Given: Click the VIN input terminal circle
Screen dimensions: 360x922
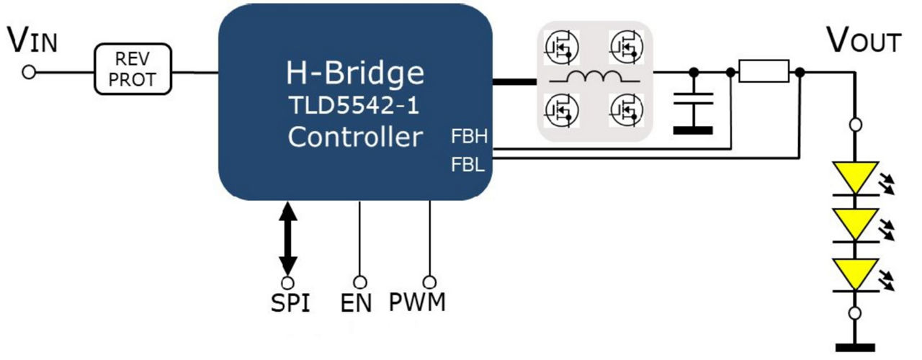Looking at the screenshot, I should [x=29, y=72].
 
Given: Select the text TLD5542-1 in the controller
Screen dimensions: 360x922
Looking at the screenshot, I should [x=355, y=105].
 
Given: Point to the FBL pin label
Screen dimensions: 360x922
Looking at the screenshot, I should [x=469, y=165].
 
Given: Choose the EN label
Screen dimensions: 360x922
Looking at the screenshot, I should [x=357, y=303].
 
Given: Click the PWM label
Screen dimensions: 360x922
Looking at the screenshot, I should [x=418, y=302].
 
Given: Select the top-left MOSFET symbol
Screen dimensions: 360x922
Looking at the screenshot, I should [x=560, y=47].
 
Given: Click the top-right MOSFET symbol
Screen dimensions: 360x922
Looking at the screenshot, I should [x=625, y=47].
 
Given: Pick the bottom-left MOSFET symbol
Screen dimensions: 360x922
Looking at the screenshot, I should [x=560, y=109].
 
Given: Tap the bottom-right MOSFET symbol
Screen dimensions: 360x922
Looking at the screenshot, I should [x=625, y=109].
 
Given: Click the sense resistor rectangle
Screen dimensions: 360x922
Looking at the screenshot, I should [x=764, y=71].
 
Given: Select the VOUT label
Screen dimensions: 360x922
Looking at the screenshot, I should [x=862, y=41].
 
